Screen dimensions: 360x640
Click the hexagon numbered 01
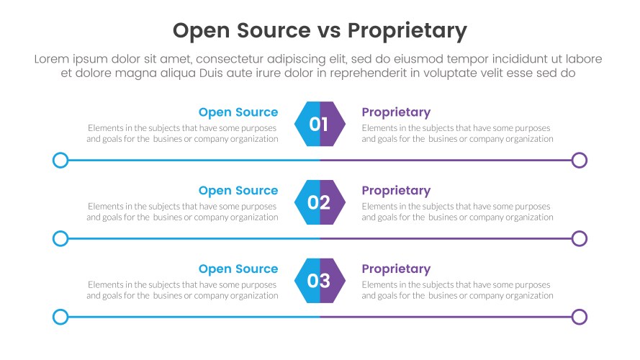click(320, 124)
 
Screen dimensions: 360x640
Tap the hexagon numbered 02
click(320, 202)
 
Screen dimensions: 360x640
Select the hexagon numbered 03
click(320, 281)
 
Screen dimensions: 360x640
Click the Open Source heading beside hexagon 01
click(238, 112)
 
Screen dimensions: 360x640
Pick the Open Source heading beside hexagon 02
click(238, 191)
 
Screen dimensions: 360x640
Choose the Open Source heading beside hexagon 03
click(238, 269)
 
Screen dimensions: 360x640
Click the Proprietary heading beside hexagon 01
click(396, 112)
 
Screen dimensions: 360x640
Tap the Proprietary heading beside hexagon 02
click(396, 191)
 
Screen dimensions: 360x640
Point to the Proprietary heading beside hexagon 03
click(396, 269)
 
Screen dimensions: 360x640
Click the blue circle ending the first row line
click(60, 160)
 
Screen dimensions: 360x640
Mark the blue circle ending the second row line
click(60, 238)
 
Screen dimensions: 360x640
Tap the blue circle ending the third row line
click(60, 317)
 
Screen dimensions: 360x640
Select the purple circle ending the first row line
click(580, 160)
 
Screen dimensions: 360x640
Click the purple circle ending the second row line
click(580, 238)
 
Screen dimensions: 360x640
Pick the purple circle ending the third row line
click(580, 317)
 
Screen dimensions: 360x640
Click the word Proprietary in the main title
click(407, 31)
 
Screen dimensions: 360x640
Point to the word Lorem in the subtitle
click(50, 59)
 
